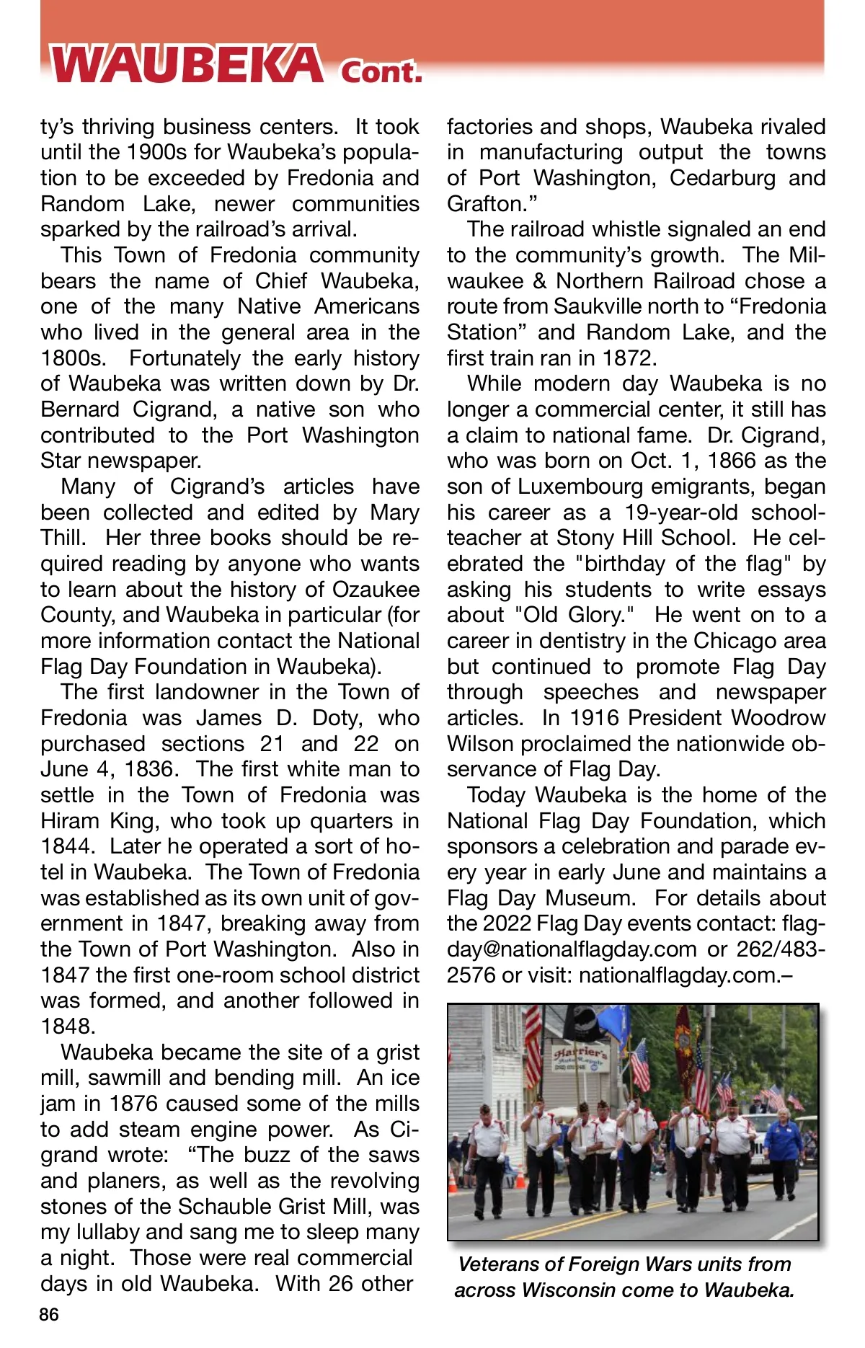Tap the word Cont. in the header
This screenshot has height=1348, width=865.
pos(381,71)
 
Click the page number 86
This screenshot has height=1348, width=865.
pos(49,1314)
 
